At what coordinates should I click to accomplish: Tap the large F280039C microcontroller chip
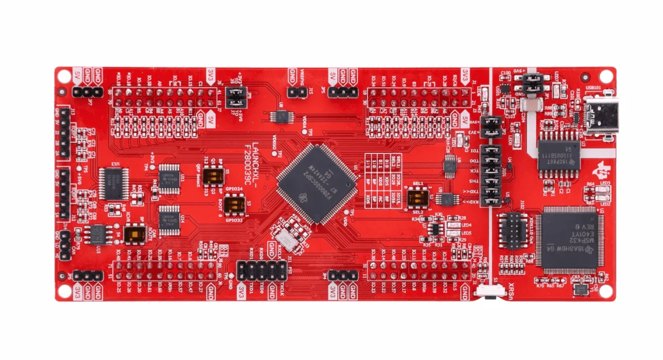coord(316,183)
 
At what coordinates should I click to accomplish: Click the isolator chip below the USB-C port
coord(559,153)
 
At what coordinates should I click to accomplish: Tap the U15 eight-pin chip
coord(97,234)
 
